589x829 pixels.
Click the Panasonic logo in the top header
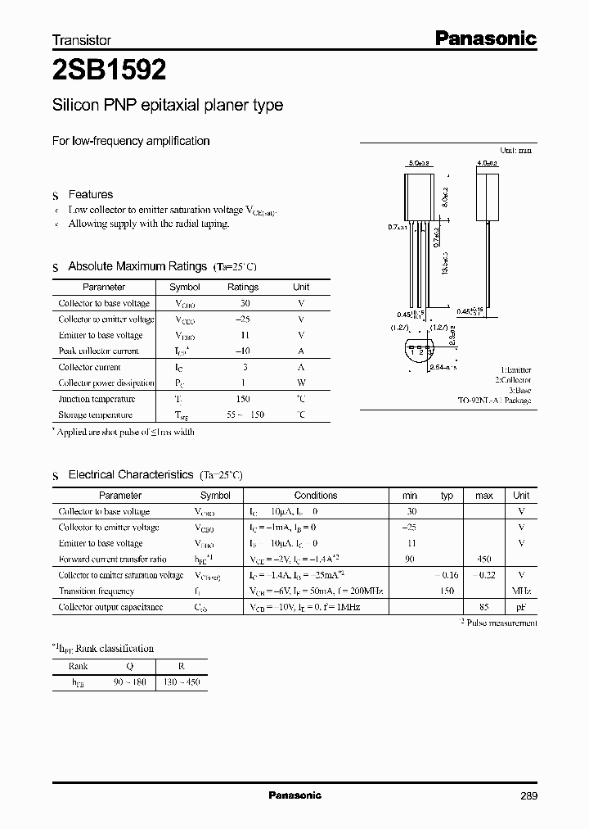484,38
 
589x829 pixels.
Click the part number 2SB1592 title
110,71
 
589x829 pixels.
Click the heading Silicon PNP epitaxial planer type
168,106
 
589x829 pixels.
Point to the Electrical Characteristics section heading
131,474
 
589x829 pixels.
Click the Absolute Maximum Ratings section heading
137,266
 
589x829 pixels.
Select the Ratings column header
243,288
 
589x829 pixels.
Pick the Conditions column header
316,496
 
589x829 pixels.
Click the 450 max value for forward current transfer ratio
483,559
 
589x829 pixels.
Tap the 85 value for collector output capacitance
483,607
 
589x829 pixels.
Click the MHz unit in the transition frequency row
521,591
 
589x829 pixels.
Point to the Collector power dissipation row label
106,383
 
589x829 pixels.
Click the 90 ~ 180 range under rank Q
128,682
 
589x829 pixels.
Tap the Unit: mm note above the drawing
515,152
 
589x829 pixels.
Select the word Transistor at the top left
82,39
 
